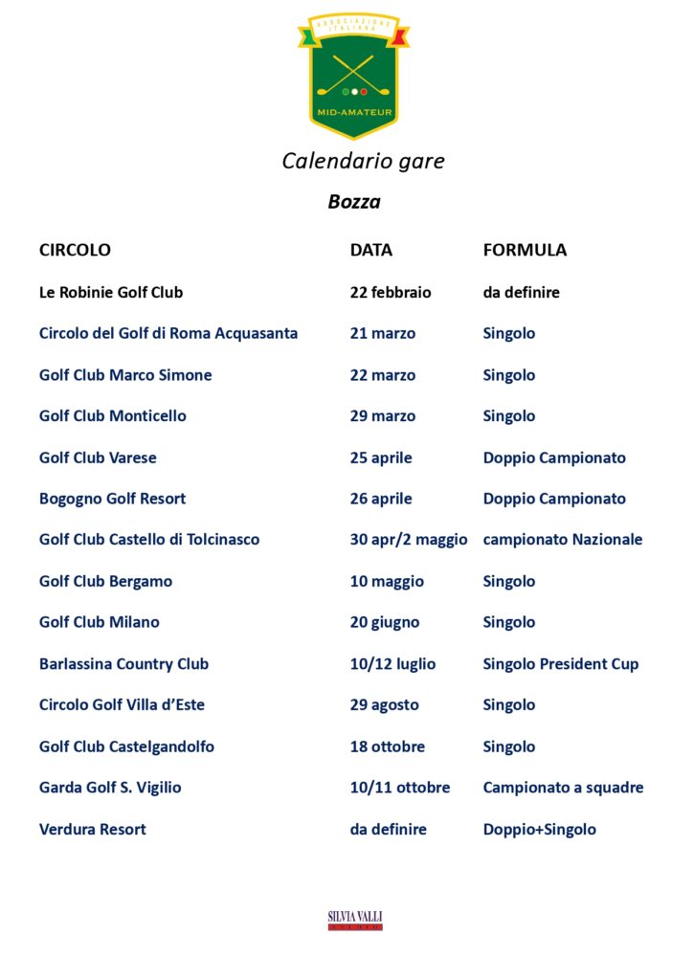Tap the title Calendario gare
point(363,161)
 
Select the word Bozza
point(354,202)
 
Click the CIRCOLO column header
point(75,250)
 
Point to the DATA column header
point(370,250)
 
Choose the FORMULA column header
point(525,250)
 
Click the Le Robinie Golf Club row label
point(111,292)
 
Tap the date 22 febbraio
point(391,292)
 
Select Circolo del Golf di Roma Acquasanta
point(168,333)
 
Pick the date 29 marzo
point(383,415)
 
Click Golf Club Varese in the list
point(98,457)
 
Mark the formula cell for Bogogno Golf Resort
point(554,499)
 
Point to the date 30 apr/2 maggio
point(409,540)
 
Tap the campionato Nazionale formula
point(563,540)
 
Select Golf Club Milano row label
point(100,622)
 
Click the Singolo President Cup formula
point(561,663)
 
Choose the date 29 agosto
point(384,704)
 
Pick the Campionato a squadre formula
point(563,788)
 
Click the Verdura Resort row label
point(93,829)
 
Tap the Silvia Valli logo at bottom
point(355,920)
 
